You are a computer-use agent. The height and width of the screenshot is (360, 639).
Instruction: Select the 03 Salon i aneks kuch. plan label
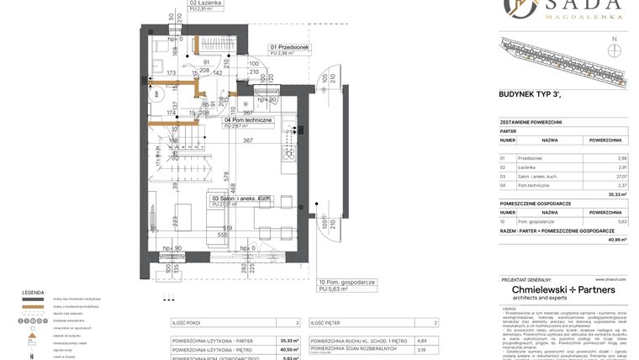point(240,199)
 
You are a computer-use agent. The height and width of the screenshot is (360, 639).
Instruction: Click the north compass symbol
point(615,48)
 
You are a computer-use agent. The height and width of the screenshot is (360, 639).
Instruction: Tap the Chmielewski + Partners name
point(563,289)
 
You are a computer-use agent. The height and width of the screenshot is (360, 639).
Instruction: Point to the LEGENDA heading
point(34,292)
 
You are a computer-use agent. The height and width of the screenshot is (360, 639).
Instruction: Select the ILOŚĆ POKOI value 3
point(296,323)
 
